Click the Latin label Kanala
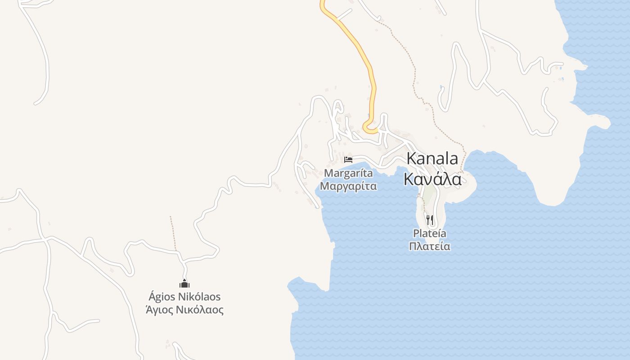click(432, 158)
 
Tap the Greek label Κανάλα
click(432, 179)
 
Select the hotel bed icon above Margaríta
click(348, 159)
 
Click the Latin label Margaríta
click(348, 173)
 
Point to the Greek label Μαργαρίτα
click(348, 186)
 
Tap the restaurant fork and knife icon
click(430, 220)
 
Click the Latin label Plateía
click(430, 234)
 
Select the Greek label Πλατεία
click(430, 246)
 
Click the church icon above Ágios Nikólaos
click(184, 283)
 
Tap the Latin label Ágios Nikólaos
click(184, 297)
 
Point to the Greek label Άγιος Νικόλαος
click(184, 310)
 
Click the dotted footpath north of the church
click(173, 234)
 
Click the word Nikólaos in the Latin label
click(199, 297)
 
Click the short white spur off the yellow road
click(345, 14)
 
